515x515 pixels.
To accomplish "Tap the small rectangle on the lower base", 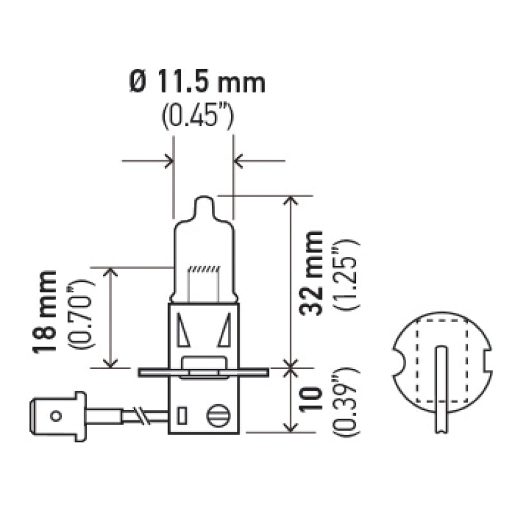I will tap(182, 414).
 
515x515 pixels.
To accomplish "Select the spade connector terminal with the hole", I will tap(58, 416).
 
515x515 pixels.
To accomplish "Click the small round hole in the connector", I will tap(56, 416).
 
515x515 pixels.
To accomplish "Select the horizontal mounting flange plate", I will tap(203, 372).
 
